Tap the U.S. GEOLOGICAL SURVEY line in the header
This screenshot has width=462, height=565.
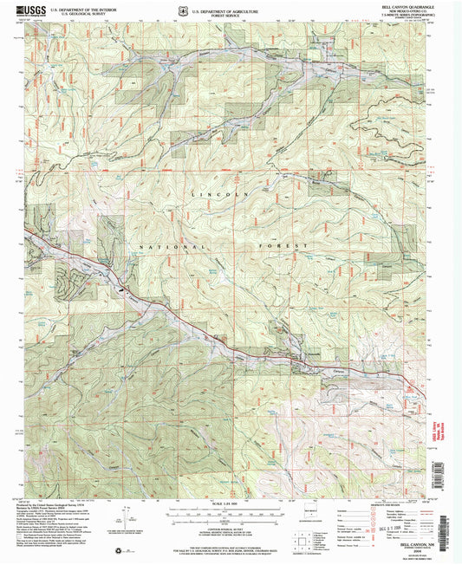(76, 14)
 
